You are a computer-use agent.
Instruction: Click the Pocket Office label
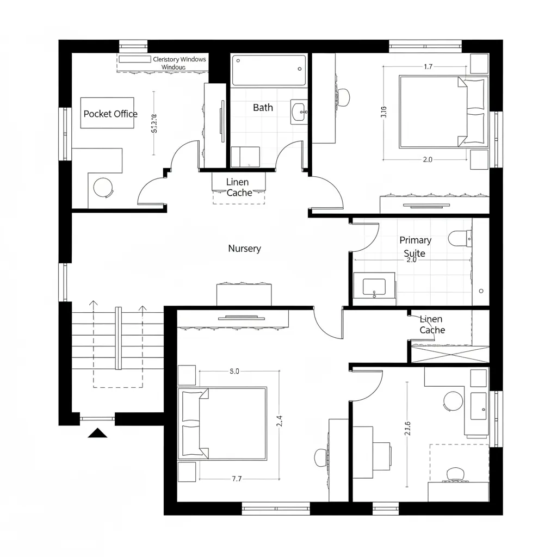point(110,114)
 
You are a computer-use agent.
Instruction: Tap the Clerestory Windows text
point(180,59)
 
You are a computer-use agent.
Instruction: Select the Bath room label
point(263,108)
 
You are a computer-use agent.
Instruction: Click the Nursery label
point(244,249)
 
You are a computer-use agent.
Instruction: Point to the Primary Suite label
point(415,246)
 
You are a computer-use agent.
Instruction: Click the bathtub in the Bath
point(269,70)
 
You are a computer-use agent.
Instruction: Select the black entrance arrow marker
point(97,433)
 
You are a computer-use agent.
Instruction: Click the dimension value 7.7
point(237,479)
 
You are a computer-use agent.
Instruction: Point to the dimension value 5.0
point(234,372)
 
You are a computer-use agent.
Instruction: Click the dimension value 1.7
point(428,67)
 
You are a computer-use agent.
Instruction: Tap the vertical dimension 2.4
point(279,420)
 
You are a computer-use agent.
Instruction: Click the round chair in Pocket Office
point(103,187)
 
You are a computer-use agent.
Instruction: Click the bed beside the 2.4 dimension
point(223,423)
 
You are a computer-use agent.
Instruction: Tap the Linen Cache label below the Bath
point(239,188)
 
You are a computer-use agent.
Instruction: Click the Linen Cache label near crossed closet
point(432,325)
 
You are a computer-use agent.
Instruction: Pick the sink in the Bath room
point(299,113)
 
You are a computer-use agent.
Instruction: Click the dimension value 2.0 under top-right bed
point(427,159)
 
